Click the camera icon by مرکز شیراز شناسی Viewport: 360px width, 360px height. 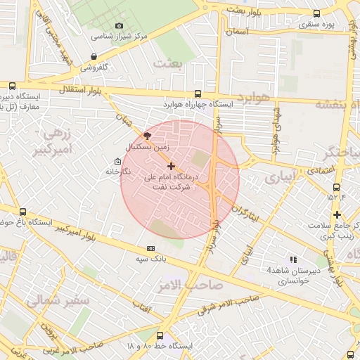click(x=119, y=25)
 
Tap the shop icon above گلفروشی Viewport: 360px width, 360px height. click(x=94, y=57)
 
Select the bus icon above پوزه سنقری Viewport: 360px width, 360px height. click(x=316, y=13)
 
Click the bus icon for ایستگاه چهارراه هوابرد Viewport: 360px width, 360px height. click(x=197, y=94)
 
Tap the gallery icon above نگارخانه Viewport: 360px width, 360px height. click(x=118, y=161)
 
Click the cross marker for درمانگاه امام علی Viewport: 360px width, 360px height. click(x=172, y=166)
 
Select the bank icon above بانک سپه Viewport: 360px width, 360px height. click(x=150, y=248)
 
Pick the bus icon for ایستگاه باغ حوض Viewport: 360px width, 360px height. click(x=23, y=212)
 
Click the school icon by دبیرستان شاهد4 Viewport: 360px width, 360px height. click(x=293, y=259)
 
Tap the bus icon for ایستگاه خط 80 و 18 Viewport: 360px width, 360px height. click(x=160, y=336)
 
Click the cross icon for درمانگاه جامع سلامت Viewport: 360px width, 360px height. click(x=337, y=214)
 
